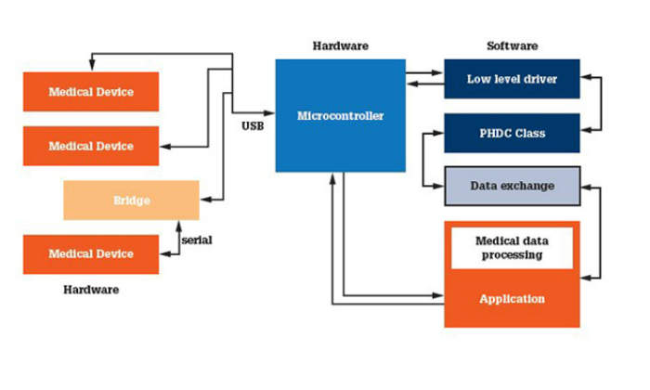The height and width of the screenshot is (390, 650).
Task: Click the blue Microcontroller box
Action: (x=340, y=116)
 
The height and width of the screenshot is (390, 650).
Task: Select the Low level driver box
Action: (x=512, y=79)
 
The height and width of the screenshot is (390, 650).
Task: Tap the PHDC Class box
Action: (x=512, y=133)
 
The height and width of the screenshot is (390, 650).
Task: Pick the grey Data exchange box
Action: (x=512, y=186)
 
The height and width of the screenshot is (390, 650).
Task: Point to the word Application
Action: (x=512, y=299)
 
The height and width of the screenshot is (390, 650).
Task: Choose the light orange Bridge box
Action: (x=131, y=200)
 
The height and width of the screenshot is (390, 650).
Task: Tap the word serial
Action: (x=197, y=240)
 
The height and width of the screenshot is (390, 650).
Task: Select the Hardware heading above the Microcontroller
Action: (x=340, y=45)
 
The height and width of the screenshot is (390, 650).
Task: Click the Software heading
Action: (x=512, y=45)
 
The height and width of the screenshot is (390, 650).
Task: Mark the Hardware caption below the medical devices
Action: (x=91, y=290)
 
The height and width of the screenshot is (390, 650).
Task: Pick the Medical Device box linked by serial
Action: (x=91, y=253)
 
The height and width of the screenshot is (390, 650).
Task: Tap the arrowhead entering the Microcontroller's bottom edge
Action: (x=331, y=177)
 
